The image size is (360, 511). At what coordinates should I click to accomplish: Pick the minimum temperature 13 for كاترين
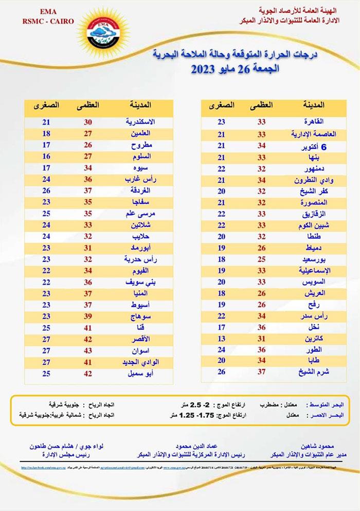pyautogui.click(x=222, y=338)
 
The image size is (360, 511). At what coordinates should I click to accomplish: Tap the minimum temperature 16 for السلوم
pyautogui.click(x=46, y=156)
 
